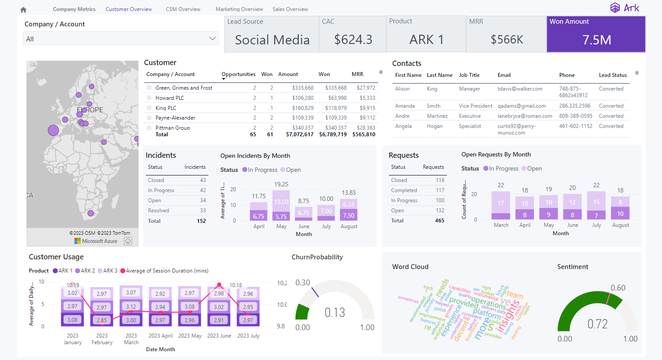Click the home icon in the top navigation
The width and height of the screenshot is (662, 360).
point(23,10)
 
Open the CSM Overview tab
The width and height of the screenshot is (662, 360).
point(183,9)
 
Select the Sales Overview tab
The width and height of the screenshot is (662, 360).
point(290,9)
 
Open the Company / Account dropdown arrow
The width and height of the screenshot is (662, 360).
point(212,39)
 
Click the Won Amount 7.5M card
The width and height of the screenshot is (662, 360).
point(596,34)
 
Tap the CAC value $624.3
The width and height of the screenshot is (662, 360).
point(353,40)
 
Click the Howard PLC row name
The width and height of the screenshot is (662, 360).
point(170,98)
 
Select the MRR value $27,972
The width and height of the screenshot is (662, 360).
point(366,88)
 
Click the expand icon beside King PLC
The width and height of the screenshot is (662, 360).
point(149,108)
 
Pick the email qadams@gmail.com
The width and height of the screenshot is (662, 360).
point(522,106)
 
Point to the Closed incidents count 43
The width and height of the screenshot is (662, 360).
point(203,180)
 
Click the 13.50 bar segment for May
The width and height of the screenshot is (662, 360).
point(281,202)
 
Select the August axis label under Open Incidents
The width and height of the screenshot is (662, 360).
point(349,226)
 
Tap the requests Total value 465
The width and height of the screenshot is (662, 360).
point(439,221)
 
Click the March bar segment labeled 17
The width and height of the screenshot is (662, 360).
point(501,203)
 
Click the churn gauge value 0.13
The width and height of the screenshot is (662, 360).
point(335,313)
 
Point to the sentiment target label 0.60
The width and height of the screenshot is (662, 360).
point(618,288)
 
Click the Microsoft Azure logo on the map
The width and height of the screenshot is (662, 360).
point(96,241)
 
